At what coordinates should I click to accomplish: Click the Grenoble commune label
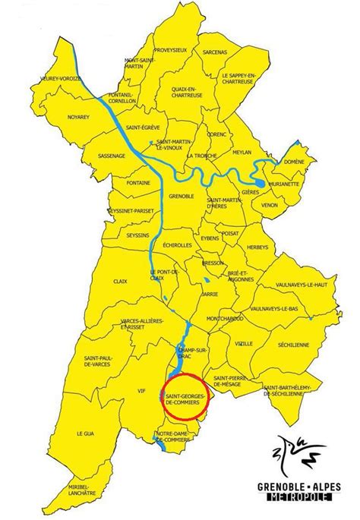pyautogui.click(x=182, y=195)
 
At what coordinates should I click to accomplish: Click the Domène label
pyautogui.click(x=293, y=162)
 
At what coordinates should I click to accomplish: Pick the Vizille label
pyautogui.click(x=243, y=343)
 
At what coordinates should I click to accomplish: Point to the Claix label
pyautogui.click(x=119, y=280)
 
